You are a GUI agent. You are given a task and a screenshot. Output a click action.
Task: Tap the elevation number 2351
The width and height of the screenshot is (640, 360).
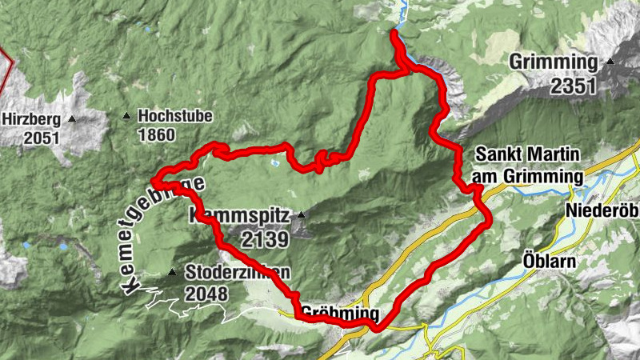[x=573, y=85]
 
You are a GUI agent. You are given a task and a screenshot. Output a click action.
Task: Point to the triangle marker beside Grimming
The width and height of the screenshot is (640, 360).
[x=610, y=61]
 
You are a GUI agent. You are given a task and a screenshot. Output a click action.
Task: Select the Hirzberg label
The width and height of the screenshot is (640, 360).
[x=31, y=118]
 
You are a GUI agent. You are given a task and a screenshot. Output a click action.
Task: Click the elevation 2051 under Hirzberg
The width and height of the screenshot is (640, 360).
[x=42, y=138]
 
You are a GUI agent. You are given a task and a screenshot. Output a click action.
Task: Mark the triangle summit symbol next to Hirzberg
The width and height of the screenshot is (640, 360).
[x=72, y=119]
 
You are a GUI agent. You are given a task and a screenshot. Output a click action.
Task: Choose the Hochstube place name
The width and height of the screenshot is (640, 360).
[x=175, y=116]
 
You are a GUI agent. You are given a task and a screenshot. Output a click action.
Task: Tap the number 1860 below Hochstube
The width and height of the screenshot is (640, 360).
[x=156, y=135]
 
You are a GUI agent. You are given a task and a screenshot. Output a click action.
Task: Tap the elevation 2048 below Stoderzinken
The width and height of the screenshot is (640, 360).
[x=206, y=294]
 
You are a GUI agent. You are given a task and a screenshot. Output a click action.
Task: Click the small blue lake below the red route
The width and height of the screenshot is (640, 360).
[x=275, y=163]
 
